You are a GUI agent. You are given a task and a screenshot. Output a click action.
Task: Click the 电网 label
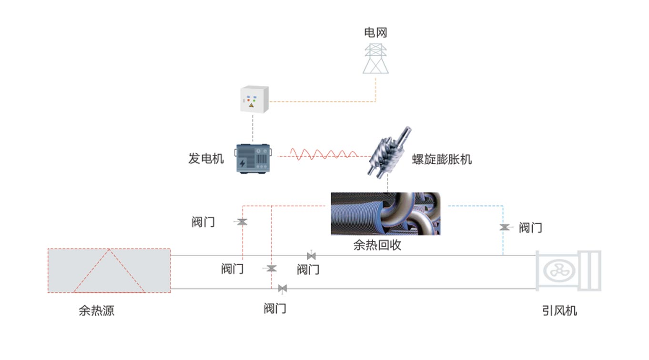tap(375, 32)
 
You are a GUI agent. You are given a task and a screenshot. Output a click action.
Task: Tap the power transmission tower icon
tap(375, 59)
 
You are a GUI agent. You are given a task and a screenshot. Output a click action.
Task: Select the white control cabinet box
tap(254, 99)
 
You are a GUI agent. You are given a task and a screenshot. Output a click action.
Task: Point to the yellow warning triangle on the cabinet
tap(251, 105)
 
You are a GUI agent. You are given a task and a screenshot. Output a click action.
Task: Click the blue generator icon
tap(253, 159)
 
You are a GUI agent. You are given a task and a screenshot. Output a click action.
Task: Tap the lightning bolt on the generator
tap(243, 163)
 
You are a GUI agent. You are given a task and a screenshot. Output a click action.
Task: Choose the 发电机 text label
tap(206, 159)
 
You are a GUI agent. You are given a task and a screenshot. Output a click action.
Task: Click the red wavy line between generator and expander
tap(324, 154)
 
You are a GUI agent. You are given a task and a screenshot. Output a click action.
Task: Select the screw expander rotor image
tap(389, 152)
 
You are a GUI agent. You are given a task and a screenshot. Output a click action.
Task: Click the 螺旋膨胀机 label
tap(442, 160)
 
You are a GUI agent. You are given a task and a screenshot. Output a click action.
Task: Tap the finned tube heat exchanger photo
tap(385, 213)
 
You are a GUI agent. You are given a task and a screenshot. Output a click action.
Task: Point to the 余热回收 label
tap(377, 245)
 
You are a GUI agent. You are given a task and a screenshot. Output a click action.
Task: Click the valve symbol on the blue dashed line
tap(505, 227)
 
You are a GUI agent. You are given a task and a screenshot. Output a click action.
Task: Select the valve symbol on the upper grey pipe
tap(311, 256)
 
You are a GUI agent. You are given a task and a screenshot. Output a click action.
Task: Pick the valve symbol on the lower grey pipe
tap(283, 289)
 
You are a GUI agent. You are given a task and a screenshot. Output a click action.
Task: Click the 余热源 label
tap(96, 310)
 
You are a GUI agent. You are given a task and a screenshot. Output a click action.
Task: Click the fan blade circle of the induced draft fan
tap(559, 271)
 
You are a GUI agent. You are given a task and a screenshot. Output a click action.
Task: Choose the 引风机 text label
tap(559, 311)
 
